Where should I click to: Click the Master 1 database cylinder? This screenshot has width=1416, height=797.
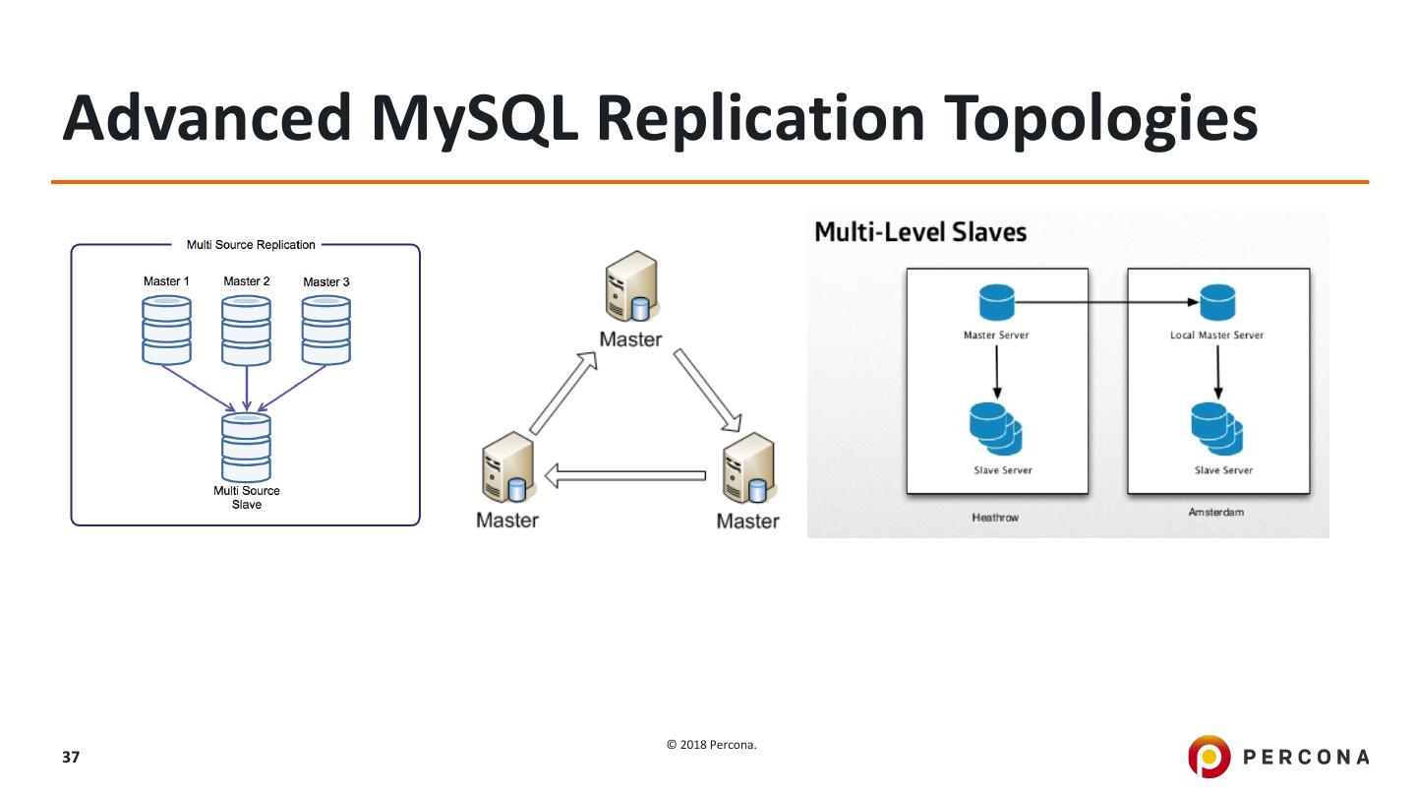[166, 330]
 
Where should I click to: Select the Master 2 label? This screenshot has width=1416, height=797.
[246, 281]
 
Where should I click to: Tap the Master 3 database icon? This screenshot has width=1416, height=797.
[325, 330]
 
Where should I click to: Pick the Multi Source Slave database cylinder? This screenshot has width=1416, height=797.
[246, 447]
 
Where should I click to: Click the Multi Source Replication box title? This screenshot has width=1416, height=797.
[251, 245]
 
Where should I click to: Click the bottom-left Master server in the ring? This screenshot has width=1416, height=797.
[507, 469]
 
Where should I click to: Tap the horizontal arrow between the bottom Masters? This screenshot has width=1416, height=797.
[625, 476]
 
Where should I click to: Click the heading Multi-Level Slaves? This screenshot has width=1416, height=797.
[920, 232]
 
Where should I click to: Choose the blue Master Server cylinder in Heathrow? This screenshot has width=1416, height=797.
[996, 302]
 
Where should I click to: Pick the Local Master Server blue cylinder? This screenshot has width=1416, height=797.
[1217, 302]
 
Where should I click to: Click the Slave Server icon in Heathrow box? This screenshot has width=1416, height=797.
[996, 429]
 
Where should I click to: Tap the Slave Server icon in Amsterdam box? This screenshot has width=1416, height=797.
[1217, 429]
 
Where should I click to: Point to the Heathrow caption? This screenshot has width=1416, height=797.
[995, 518]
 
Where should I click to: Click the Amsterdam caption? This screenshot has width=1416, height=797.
[1216, 513]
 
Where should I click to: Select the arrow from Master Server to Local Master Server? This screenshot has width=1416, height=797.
[1106, 302]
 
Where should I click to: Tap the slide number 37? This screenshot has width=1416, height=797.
[71, 758]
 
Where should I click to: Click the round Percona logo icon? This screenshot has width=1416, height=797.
[1208, 756]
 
